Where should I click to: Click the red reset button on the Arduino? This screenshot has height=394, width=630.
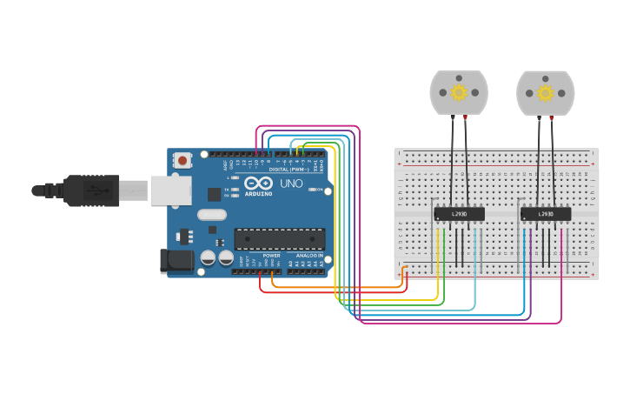182,160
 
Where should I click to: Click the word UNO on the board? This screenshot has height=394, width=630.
291,184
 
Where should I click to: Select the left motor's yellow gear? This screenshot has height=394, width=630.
459,92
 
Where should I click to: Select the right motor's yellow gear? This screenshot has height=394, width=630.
545,92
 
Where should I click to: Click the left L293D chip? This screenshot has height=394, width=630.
460,213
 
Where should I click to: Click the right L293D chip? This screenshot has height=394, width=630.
546,213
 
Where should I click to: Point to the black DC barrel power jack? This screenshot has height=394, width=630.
176,260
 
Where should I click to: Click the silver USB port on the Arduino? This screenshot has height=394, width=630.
170,190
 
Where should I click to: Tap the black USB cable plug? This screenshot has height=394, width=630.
91,190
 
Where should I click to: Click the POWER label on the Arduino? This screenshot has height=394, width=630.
271,256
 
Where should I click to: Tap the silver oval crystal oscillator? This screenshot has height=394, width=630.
212,214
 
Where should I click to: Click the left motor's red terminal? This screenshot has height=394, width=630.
466,116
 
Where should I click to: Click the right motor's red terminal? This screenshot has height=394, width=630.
552,116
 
